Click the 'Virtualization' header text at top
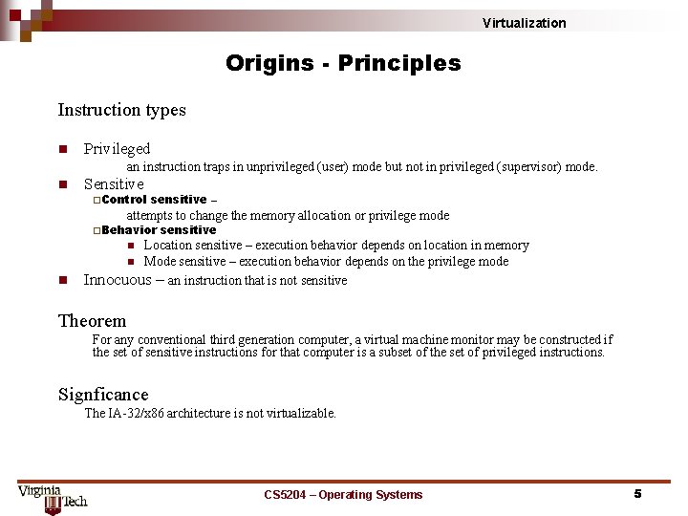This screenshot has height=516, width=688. tap(524, 23)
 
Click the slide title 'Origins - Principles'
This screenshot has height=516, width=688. tap(343, 64)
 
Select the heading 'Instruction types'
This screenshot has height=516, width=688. tap(121, 110)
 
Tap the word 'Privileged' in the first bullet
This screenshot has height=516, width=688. tap(117, 149)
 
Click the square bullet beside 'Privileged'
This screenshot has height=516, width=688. tap(62, 149)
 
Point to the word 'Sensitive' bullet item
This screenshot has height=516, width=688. tap(114, 183)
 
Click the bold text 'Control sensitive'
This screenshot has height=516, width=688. tap(154, 200)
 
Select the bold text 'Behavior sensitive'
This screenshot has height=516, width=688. tap(159, 230)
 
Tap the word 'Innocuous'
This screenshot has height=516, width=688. tap(118, 280)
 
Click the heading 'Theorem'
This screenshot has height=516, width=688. tap(92, 321)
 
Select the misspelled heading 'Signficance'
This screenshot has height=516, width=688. tap(103, 395)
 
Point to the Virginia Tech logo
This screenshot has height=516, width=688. tap(53, 496)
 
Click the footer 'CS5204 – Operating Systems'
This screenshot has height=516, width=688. tap(343, 495)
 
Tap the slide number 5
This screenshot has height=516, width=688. tap(637, 494)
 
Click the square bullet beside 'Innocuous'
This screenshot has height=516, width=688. tap(62, 280)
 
